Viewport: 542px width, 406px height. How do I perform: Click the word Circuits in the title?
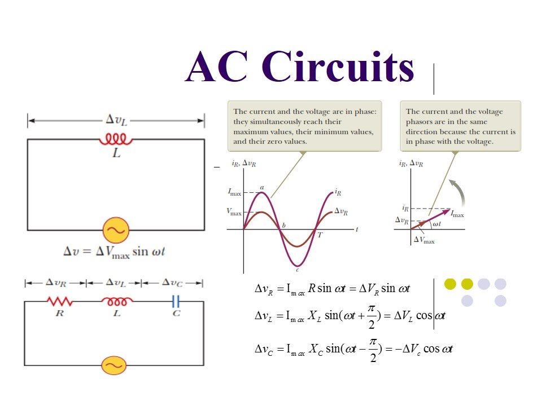pos(338,67)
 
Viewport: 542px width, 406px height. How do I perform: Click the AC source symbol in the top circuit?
pos(116,230)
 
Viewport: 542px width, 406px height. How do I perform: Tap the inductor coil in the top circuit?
pos(116,139)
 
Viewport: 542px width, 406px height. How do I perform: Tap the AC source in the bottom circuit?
pos(114,365)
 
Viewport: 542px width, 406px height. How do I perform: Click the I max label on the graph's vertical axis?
pos(234,193)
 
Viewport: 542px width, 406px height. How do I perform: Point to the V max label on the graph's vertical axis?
pos(234,213)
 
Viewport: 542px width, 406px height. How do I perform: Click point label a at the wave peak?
pos(262,187)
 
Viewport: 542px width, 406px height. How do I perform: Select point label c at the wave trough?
pos(298,269)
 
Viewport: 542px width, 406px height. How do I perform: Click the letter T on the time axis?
pos(320,235)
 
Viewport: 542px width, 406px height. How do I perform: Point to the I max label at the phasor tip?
pos(457,215)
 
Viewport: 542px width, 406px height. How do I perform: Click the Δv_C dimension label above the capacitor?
pos(173,283)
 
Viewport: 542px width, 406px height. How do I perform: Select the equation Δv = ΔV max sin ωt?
pos(113,252)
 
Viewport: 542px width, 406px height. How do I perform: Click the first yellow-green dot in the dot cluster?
pos(450,284)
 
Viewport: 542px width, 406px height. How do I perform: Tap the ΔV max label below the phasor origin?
pos(425,240)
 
